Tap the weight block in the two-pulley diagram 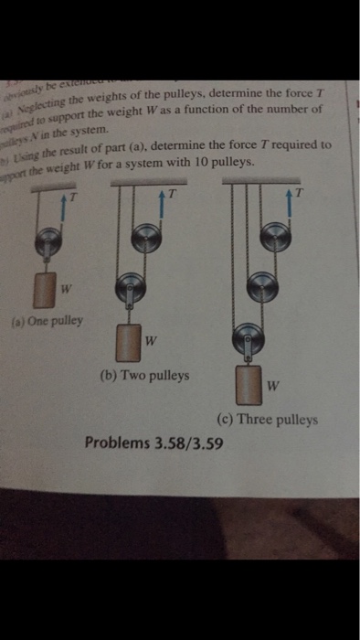(129, 342)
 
